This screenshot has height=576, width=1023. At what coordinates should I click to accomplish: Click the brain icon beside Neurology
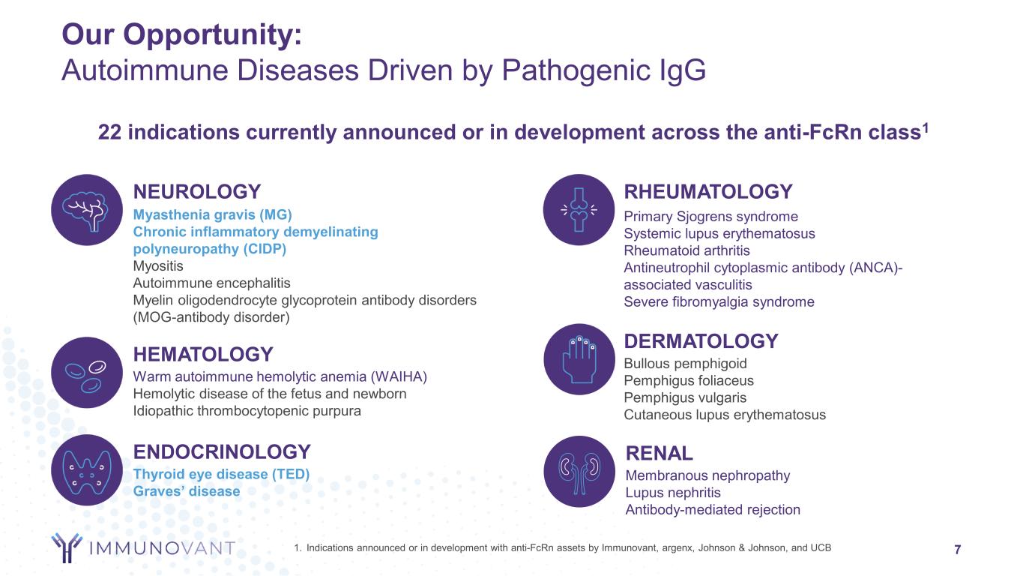87,210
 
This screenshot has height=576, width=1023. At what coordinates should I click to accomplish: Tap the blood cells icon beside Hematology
87,373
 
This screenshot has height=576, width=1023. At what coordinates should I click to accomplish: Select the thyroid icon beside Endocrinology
87,470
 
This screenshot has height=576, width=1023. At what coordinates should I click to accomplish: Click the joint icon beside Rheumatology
579,210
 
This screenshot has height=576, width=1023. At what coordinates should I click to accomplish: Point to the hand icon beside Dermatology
579,359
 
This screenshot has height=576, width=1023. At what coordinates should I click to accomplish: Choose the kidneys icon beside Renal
579,471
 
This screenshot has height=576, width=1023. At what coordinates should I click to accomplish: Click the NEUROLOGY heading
197,191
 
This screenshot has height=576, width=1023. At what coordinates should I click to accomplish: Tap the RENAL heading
659,453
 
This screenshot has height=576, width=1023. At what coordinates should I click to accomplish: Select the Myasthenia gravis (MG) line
212,214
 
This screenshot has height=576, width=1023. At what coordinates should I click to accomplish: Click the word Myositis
158,266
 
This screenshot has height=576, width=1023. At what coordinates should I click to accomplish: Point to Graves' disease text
187,491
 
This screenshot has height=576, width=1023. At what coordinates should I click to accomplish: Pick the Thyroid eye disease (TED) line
221,474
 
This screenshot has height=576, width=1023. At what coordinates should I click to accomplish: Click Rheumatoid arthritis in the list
686,250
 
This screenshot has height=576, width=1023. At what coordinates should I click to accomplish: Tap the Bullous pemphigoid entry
686,364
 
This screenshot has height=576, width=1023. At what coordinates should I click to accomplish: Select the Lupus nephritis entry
673,493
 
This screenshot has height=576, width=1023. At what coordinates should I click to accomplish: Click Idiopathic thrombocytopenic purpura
247,411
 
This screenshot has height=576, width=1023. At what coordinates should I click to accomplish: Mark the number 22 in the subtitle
109,133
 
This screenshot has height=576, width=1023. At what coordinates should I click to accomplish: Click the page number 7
958,549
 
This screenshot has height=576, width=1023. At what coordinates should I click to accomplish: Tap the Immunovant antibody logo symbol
67,547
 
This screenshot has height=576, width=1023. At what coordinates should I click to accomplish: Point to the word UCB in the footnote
821,547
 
